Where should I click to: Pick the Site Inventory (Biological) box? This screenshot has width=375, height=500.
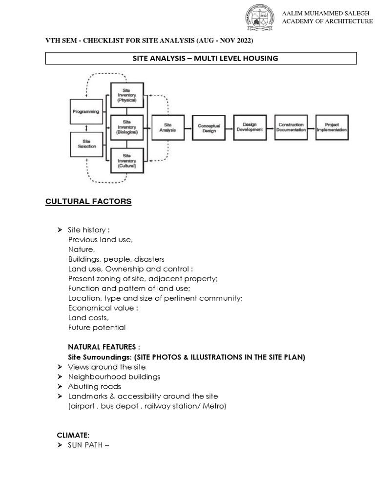click(x=126, y=127)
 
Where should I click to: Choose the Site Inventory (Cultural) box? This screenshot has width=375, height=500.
click(x=126, y=160)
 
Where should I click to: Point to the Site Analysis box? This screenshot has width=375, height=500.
click(x=167, y=128)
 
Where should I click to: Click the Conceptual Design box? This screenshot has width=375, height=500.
click(x=209, y=128)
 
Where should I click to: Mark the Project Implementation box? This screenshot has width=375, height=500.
click(x=332, y=128)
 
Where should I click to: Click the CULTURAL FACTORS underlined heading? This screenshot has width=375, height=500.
click(x=88, y=201)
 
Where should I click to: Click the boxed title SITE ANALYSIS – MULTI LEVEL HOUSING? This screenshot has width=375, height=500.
click(x=201, y=58)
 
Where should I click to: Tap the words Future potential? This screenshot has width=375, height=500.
click(x=97, y=328)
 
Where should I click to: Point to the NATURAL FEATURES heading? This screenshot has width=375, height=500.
click(x=104, y=347)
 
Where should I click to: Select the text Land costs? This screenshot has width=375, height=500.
click(x=88, y=318)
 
